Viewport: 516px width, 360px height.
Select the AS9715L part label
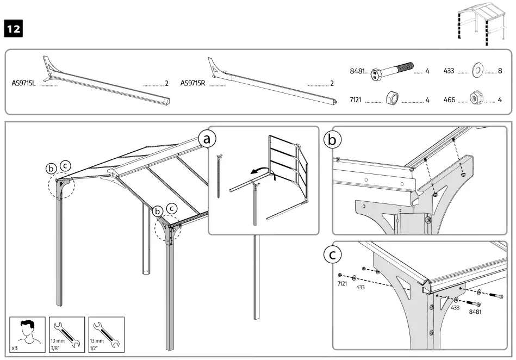[x=23, y=84]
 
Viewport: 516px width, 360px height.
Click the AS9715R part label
[x=192, y=84]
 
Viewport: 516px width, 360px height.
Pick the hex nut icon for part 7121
[x=391, y=99]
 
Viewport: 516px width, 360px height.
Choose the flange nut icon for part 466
[x=476, y=99]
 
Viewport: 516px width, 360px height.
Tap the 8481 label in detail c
[x=474, y=312]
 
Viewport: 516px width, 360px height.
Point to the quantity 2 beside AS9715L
[x=166, y=84]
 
